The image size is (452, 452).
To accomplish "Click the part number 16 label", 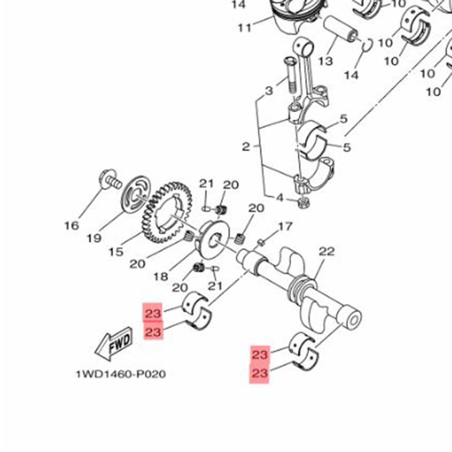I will coord(72,226).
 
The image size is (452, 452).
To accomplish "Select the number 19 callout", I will coord(94,238).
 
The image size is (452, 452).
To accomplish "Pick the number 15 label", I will coord(116,252).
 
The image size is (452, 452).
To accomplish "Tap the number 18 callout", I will coord(161,277).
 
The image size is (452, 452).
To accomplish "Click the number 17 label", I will coord(285,227).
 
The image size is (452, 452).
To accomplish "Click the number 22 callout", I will coord(327,252).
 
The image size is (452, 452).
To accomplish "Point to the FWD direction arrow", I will coord(114,344).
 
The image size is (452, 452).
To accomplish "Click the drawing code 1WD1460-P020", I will coord(121,374).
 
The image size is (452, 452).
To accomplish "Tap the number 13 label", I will coord(325,60).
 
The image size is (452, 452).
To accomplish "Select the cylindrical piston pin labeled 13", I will coord(341,29).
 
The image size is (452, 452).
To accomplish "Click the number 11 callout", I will coord(245,28).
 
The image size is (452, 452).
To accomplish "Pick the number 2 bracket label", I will coord(246,147).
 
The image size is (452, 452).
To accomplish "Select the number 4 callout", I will coord(279,198).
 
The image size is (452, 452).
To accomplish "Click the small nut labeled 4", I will coord(304,203).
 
